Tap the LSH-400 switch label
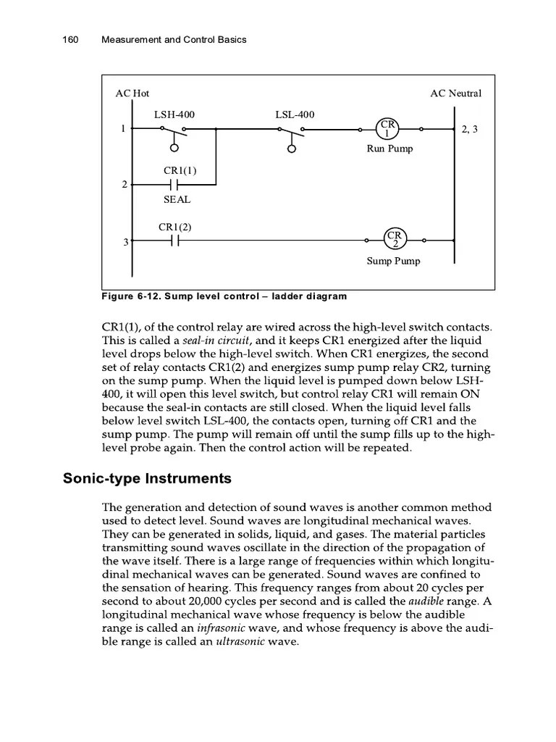tap(174, 114)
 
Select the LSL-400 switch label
tap(295, 114)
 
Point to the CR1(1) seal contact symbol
tap(174, 185)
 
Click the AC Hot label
tap(132, 93)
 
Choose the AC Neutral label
tap(455, 93)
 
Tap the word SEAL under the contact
tap(177, 199)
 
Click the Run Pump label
tap(389, 149)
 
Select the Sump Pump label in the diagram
tap(393, 261)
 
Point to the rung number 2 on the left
tap(124, 185)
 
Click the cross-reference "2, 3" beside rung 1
tap(469, 130)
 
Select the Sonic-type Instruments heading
tap(147, 478)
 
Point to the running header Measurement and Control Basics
tap(174, 39)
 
